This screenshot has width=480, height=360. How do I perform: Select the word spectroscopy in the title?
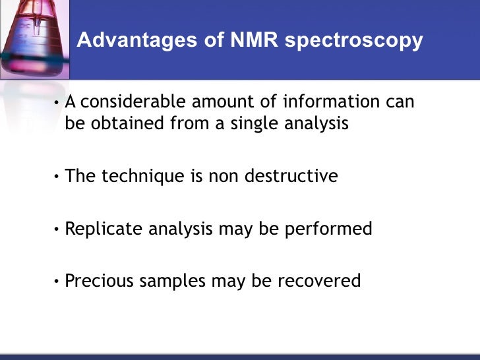(354, 41)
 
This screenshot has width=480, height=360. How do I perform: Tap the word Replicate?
(102, 229)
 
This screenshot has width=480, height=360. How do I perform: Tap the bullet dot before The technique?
(58, 177)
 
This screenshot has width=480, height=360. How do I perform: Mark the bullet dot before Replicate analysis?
(58, 229)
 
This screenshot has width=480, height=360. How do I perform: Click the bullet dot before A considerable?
(58, 103)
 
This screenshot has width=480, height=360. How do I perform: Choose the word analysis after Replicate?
(179, 229)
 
